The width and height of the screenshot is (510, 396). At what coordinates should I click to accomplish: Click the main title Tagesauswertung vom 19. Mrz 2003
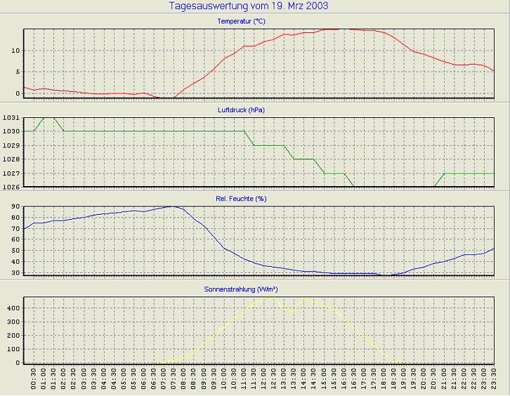coord(249,6)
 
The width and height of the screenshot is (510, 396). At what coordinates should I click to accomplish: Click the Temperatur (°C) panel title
coord(241,21)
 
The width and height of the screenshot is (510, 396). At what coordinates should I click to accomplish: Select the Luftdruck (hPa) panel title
coord(241,110)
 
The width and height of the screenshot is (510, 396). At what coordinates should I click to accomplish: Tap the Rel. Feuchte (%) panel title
coord(241,199)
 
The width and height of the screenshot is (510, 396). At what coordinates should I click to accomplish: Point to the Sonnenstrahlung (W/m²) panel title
coord(241,289)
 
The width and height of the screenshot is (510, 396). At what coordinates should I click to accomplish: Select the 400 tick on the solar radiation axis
coord(13,308)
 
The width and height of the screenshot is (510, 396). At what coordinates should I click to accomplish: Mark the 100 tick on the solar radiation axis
coord(13,349)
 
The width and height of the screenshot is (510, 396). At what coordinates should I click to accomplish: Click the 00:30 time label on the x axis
coord(34,379)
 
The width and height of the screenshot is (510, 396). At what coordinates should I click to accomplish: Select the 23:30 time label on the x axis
coord(495,379)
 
